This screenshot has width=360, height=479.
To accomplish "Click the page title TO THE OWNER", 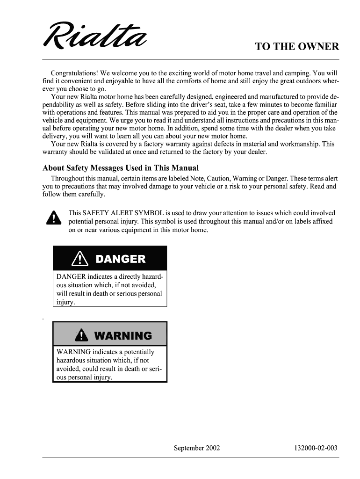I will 296,47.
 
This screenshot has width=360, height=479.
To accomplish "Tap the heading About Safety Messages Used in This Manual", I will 121,168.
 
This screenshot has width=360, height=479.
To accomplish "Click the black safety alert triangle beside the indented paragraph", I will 55,218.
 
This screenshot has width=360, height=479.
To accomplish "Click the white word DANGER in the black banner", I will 121,259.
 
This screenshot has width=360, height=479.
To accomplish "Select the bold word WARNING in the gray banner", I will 122,335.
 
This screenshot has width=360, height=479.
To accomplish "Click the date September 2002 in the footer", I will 197,448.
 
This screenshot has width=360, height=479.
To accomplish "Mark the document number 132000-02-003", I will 316,448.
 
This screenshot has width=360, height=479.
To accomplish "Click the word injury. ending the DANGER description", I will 65,302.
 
